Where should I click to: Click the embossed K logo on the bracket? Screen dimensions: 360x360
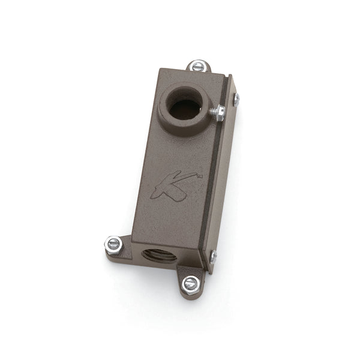(167, 186)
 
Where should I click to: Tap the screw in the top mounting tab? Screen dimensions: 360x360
(198, 66)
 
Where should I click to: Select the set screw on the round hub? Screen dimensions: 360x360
(218, 112)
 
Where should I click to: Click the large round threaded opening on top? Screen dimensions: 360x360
(185, 109)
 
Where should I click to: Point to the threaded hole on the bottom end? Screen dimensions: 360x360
(158, 255)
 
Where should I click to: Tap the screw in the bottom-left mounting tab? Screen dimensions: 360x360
(113, 244)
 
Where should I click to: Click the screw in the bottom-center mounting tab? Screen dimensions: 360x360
(190, 284)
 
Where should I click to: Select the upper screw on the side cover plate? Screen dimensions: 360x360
(236, 100)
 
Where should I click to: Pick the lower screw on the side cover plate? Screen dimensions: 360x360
(213, 257)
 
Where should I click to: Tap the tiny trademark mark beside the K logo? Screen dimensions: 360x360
(200, 175)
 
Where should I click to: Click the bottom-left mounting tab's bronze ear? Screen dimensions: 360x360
(120, 252)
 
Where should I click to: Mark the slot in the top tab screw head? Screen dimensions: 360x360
(198, 66)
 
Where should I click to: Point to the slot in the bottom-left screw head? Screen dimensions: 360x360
(113, 244)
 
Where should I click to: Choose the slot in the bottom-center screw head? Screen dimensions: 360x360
(190, 284)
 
